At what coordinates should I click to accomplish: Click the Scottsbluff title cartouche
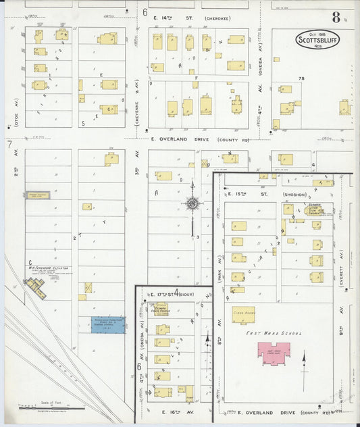(x=319, y=39)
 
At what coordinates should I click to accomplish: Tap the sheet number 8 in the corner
(x=336, y=17)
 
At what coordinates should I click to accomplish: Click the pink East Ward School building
(x=272, y=352)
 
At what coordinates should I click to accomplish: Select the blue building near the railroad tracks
(x=108, y=325)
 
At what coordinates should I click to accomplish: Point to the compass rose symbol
(x=192, y=203)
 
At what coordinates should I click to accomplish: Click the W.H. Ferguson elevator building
(x=35, y=288)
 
